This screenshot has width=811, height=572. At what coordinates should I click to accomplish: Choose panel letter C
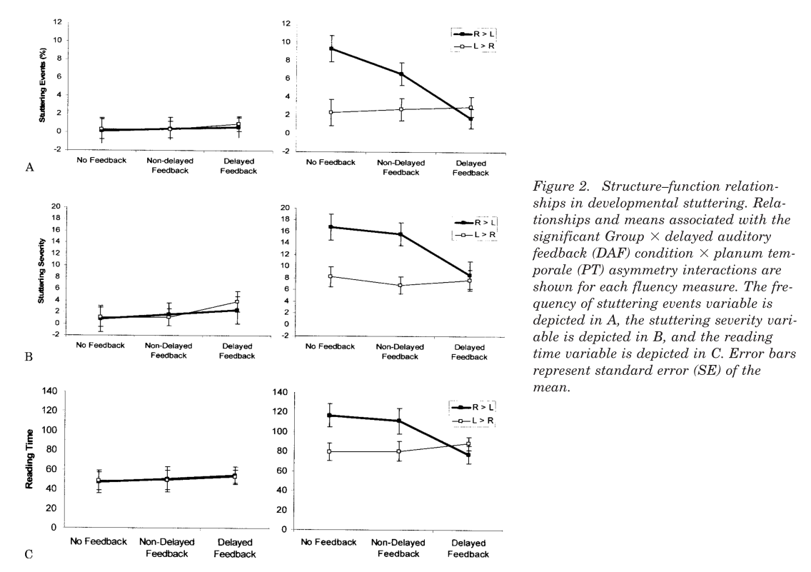[x=29, y=553]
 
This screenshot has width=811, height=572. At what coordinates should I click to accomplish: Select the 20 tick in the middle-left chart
[x=53, y=206]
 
